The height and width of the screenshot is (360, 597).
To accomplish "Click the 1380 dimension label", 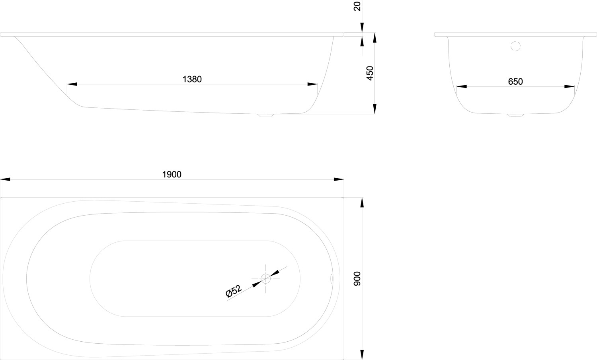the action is pyautogui.click(x=192, y=79).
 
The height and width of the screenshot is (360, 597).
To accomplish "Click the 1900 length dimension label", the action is pyautogui.click(x=172, y=174).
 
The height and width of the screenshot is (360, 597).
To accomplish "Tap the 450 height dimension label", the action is pyautogui.click(x=370, y=73).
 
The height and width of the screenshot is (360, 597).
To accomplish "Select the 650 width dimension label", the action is pyautogui.click(x=515, y=82).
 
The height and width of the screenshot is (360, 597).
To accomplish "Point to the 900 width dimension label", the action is pyautogui.click(x=357, y=279).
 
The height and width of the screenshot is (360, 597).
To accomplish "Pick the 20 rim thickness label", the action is pyautogui.click(x=357, y=6).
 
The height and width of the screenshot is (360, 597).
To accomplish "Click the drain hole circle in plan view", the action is pyautogui.click(x=266, y=279).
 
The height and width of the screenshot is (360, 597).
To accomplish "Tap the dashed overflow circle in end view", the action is pyautogui.click(x=516, y=46).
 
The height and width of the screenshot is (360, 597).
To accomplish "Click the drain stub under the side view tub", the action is pyautogui.click(x=265, y=115).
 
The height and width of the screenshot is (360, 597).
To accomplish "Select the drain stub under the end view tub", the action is pyautogui.click(x=516, y=115).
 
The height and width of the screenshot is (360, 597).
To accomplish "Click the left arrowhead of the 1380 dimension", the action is pyautogui.click(x=72, y=84).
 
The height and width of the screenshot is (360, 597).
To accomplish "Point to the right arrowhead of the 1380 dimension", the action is pyautogui.click(x=312, y=84).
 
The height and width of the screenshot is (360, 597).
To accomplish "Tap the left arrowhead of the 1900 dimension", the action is pyautogui.click(x=5, y=179).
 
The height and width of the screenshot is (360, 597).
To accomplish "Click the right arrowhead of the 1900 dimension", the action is pyautogui.click(x=339, y=179).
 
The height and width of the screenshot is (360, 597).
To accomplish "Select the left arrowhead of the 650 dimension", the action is pyautogui.click(x=462, y=86).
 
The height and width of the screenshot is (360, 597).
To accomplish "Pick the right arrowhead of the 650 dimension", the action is pyautogui.click(x=570, y=86).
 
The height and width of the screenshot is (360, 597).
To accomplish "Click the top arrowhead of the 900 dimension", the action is pyautogui.click(x=362, y=202).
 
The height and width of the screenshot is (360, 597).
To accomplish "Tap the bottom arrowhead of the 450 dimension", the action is pyautogui.click(x=375, y=109).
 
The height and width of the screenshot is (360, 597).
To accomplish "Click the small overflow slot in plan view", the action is pyautogui.click(x=332, y=279).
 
